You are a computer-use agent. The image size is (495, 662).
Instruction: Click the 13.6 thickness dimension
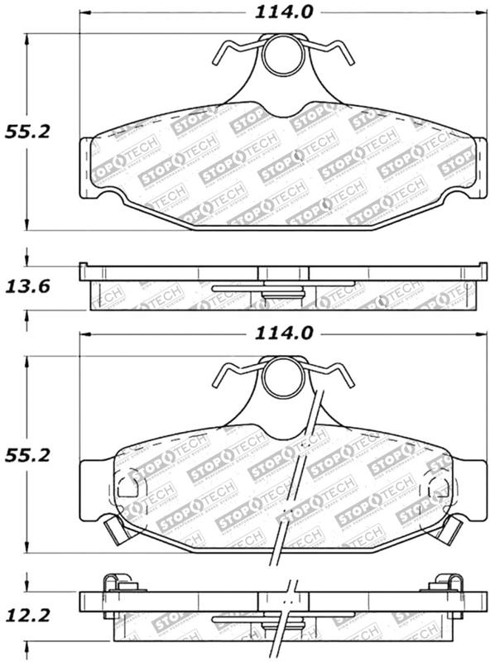28,287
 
